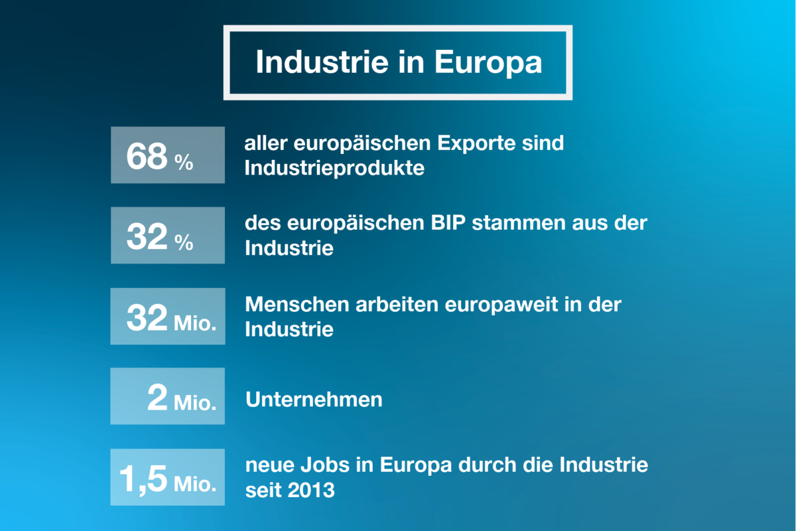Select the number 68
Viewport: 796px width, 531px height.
click(147, 157)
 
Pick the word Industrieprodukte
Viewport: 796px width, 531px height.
click(334, 169)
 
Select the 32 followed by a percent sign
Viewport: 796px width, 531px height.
click(147, 237)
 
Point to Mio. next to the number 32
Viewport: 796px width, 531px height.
click(195, 325)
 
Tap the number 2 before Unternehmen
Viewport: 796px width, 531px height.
click(158, 398)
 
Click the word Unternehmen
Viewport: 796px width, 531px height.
click(314, 400)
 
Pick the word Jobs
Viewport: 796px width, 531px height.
click(334, 465)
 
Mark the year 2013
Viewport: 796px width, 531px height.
click(312, 491)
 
